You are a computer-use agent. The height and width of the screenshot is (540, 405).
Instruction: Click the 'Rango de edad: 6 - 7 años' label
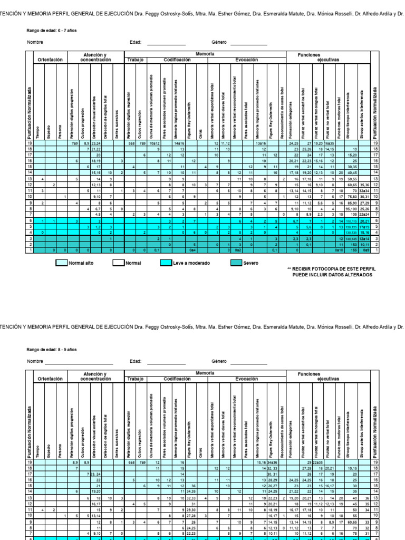52,31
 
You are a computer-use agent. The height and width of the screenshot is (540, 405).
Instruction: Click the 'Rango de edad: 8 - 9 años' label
52,350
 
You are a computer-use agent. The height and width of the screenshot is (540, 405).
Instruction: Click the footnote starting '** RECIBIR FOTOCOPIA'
329,272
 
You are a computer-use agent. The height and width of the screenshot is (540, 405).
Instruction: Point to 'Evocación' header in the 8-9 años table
246,379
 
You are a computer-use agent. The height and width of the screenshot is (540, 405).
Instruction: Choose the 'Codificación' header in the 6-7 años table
177,60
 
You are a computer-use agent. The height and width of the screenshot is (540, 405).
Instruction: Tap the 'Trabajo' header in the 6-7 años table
135,60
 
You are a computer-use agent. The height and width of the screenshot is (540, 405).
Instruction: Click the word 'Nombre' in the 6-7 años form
34,42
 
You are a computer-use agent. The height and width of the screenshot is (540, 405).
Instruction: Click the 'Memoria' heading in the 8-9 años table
205,373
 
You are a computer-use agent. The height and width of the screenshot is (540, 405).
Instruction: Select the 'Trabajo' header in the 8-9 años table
135,379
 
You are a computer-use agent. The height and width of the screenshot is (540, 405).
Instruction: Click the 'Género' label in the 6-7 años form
219,42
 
